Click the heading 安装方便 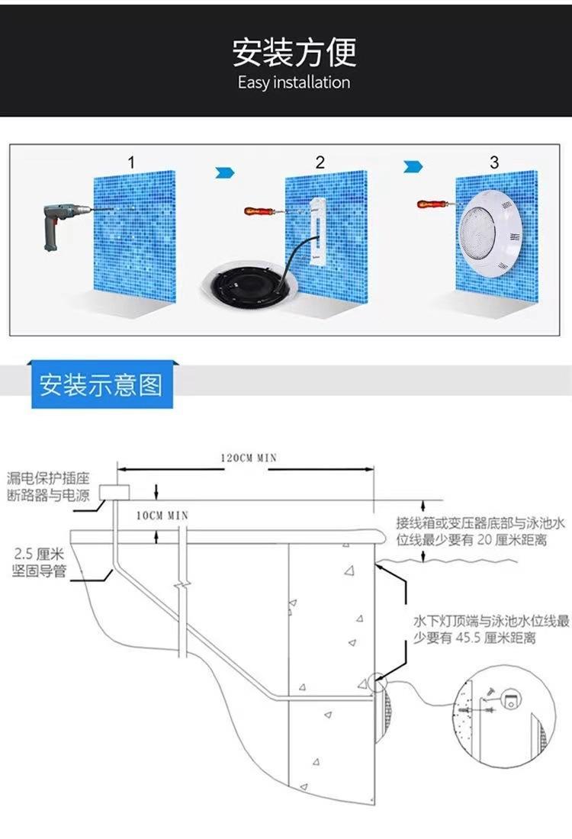pyautogui.click(x=294, y=52)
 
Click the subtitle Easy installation pyautogui.click(x=294, y=82)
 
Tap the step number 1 pyautogui.click(x=132, y=162)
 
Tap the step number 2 pyautogui.click(x=320, y=162)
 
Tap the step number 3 pyautogui.click(x=494, y=162)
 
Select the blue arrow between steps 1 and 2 pyautogui.click(x=225, y=173)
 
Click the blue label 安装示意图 pyautogui.click(x=101, y=384)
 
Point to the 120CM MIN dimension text pyautogui.click(x=249, y=458)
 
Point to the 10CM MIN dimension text pyautogui.click(x=162, y=516)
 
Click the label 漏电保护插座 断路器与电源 pyautogui.click(x=47, y=487)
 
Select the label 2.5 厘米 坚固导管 pyautogui.click(x=39, y=562)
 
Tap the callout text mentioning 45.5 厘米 pyautogui.click(x=491, y=629)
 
